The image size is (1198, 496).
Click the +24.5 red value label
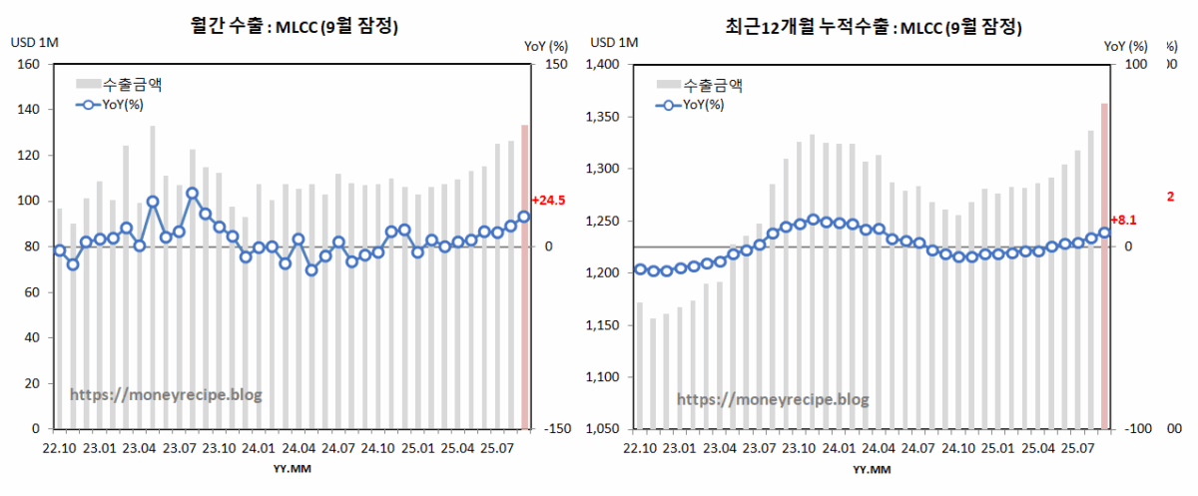548,201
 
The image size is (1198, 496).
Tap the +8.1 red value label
1125,220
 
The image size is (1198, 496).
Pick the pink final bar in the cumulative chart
1104,265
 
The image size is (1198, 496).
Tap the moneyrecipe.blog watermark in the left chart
166,395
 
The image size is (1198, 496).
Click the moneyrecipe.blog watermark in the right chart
773,399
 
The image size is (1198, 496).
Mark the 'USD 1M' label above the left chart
34,43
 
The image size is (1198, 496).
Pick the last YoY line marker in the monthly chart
524,217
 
